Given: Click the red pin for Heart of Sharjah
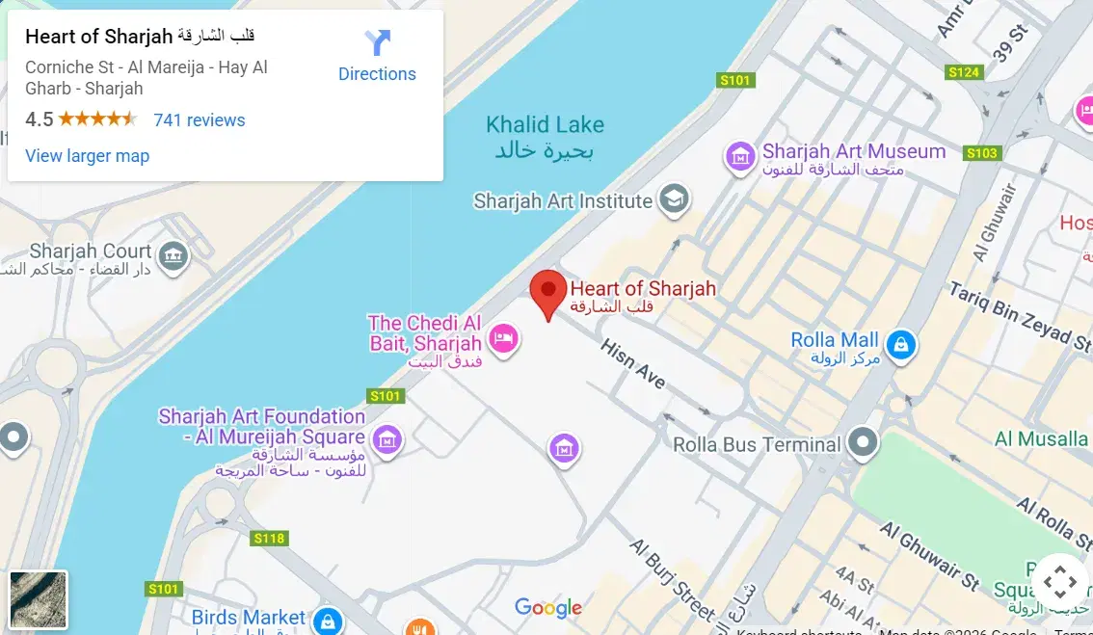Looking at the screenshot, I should click(x=548, y=290).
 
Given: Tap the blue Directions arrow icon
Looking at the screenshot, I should click(x=377, y=43).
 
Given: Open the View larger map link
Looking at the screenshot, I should click(x=87, y=156).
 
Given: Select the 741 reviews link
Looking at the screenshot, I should click(x=200, y=120).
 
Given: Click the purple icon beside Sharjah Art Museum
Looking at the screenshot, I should click(x=740, y=156).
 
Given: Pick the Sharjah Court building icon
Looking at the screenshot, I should click(x=173, y=255).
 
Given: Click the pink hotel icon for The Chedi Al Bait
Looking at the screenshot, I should click(x=503, y=338).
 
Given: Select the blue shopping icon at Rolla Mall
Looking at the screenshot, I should click(x=900, y=344).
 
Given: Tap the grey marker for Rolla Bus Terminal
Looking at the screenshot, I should click(x=863, y=444).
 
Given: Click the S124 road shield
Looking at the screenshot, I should click(x=963, y=72).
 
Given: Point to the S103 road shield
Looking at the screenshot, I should click(x=981, y=153).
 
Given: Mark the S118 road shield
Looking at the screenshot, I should click(x=269, y=539).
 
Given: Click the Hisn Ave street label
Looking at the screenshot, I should click(x=633, y=364).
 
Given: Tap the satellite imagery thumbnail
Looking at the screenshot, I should click(x=39, y=599).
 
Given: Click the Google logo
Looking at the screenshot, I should click(x=548, y=608).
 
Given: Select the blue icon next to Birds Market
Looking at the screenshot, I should click(x=328, y=620).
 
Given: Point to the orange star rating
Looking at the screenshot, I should click(x=96, y=120).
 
